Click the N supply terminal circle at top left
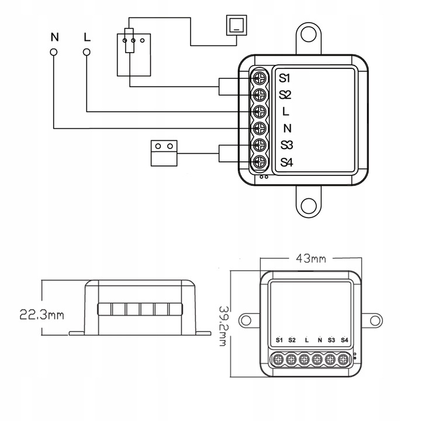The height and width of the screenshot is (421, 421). click(x=54, y=53)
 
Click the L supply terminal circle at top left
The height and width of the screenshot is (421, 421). click(x=87, y=53)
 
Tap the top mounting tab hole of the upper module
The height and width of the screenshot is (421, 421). click(x=309, y=34)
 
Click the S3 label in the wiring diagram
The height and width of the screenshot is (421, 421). click(x=286, y=145)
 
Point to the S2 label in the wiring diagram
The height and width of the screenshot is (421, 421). click(x=285, y=94)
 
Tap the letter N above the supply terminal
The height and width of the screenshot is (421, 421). click(x=54, y=37)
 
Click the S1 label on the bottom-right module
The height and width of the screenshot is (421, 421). click(x=279, y=340)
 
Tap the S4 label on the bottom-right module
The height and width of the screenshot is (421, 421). click(x=344, y=340)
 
